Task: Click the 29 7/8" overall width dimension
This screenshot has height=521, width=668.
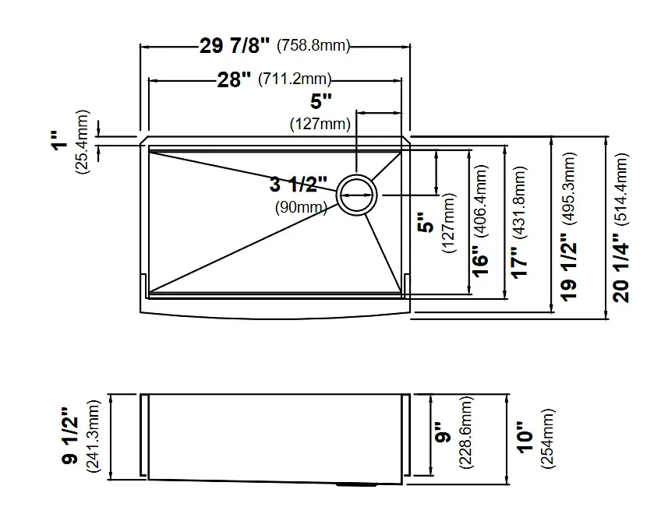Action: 235,45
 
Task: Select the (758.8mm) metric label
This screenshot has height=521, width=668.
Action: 313,45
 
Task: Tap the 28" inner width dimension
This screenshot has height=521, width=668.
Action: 234,79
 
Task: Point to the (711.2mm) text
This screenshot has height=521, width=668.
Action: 295,79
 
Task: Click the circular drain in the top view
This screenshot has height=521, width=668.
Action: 356,195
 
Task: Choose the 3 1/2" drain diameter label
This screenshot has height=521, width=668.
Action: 299,185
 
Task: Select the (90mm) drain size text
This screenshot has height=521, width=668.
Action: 301,207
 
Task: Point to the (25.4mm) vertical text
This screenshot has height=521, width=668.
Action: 82,142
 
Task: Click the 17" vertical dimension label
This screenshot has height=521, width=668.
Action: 519,263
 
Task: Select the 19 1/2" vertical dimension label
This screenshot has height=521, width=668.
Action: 569,267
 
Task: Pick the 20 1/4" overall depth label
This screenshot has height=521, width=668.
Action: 620,273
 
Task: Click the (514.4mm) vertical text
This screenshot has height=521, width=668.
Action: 620,188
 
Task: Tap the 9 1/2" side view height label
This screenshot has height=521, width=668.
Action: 70,436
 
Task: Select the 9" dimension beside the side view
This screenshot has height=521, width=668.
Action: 444,433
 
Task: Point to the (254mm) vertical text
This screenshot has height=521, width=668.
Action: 548,439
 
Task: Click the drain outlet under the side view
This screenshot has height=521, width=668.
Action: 356,484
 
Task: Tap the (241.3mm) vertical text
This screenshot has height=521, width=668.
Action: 93,437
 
